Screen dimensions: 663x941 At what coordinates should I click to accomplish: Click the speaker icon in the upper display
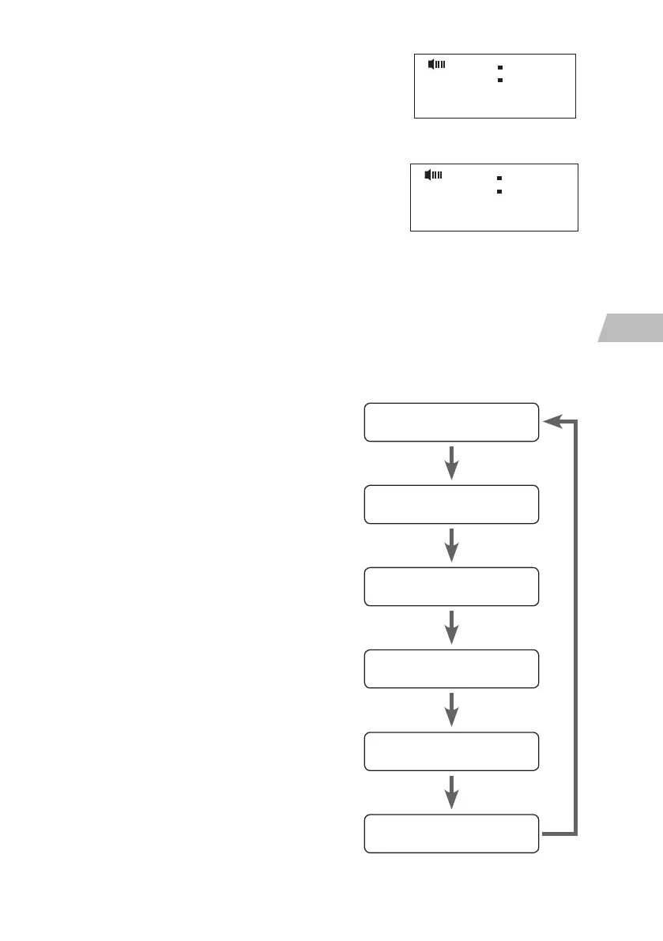pos(436,64)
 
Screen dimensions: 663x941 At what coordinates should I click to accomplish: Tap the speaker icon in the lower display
pos(433,175)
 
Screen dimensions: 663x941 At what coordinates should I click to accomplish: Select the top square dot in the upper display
pos(500,68)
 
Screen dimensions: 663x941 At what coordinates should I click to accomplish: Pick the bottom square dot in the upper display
pos(500,81)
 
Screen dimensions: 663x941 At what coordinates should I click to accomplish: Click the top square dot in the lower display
pos(499,179)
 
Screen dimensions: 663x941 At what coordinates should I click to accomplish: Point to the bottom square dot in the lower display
pos(499,191)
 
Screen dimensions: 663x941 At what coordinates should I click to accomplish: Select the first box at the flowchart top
pos(451,422)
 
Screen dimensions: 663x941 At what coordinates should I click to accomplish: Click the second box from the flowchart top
pos(451,504)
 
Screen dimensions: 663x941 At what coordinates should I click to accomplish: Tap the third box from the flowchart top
pos(451,586)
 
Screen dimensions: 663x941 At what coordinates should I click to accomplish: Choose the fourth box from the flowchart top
pos(451,668)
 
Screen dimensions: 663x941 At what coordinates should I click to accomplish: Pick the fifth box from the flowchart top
pos(451,751)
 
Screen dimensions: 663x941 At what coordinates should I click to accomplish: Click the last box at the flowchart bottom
pos(451,834)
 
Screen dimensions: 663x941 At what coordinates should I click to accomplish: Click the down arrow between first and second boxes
pos(451,463)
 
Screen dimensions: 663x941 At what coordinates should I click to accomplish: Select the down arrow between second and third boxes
pos(451,545)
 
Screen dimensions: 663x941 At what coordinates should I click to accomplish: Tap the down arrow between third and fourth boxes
pos(451,627)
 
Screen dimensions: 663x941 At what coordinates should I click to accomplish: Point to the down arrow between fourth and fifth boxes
pos(451,710)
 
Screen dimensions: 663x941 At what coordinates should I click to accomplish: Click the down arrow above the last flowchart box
pos(451,792)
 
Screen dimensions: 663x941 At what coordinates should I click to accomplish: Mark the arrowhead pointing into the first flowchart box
pos(551,422)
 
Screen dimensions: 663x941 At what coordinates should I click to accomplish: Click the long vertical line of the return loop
pos(576,628)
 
